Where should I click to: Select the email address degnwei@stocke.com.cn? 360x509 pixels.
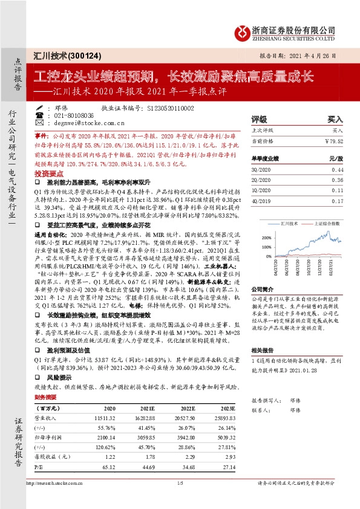pyautogui.click(x=76, y=122)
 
